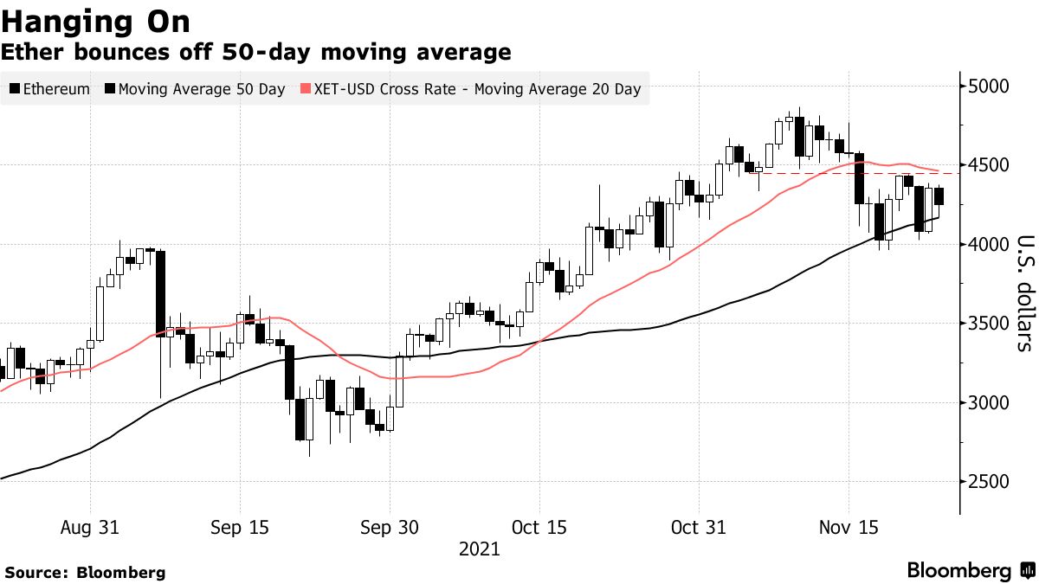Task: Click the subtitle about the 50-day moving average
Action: click(255, 52)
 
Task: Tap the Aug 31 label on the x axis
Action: click(90, 527)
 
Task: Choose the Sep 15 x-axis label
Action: click(239, 527)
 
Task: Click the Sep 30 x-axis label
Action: click(389, 527)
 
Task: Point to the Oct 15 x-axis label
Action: click(539, 527)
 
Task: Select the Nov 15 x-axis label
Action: click(848, 527)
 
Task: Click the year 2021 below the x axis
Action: click(479, 549)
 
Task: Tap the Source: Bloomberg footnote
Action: click(85, 572)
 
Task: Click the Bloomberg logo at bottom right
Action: click(970, 571)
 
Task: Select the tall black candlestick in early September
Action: click(160, 293)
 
